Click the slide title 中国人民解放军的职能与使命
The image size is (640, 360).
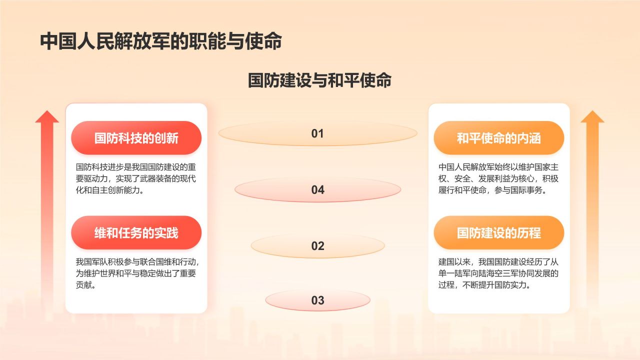161,41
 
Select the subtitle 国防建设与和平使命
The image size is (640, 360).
319,80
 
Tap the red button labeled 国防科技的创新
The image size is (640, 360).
136,138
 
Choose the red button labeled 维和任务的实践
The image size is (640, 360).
136,232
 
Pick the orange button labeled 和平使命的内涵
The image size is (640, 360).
498,138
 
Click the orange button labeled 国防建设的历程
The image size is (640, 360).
498,232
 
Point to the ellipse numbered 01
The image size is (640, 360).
317,133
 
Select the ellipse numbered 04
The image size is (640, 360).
317,190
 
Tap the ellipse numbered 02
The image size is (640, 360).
317,246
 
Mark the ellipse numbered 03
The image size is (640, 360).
317,300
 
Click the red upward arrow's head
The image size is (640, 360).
47,117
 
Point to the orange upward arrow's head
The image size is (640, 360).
592,117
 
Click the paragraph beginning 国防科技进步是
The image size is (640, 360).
136,178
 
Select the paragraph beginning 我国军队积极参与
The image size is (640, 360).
136,273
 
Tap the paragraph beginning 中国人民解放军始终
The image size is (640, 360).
498,178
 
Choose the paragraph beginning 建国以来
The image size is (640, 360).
498,273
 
